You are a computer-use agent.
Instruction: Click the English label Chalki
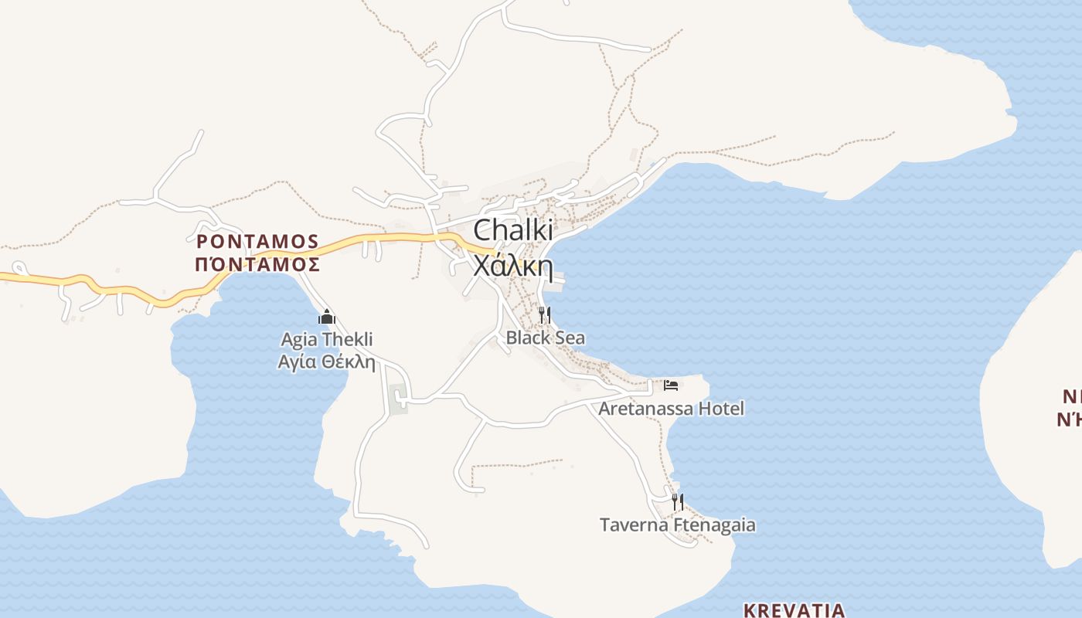click(513, 230)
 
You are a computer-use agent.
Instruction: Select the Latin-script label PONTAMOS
click(257, 241)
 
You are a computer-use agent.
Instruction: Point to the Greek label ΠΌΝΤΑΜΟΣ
click(257, 264)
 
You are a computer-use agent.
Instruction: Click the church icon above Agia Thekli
click(327, 317)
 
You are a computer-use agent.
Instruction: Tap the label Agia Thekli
click(327, 339)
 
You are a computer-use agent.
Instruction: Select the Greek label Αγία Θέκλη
click(327, 361)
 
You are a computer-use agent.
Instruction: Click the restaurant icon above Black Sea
click(545, 314)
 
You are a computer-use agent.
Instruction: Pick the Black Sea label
click(545, 338)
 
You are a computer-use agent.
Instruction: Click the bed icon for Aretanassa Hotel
click(671, 385)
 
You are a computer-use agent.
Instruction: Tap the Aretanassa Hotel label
click(671, 408)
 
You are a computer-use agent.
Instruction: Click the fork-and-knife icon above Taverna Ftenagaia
click(677, 501)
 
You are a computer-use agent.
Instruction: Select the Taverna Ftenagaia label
click(677, 525)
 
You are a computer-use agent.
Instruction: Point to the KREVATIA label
click(794, 610)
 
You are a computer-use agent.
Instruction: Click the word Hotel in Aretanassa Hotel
click(721, 408)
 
